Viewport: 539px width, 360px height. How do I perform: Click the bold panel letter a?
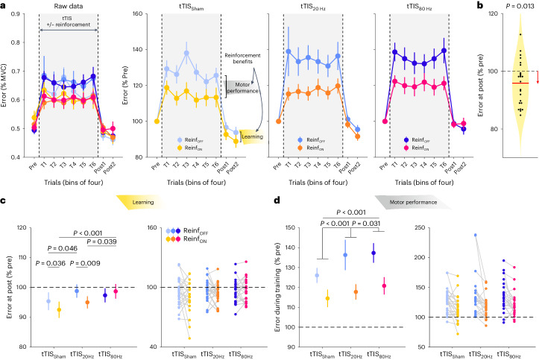click(x=4, y=6)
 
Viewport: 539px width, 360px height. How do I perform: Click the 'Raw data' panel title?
click(x=67, y=7)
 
